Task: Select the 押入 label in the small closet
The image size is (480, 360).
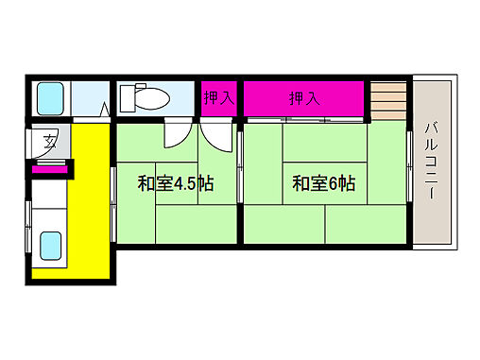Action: pos(219,98)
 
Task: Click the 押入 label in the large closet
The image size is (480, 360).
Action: pos(303,98)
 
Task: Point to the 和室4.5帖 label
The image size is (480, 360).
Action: pos(175,183)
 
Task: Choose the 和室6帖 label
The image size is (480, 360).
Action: pos(323,183)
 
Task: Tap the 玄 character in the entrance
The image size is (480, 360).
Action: pos(46,143)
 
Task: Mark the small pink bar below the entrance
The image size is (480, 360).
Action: pos(49,168)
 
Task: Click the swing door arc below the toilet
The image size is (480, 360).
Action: pos(176,135)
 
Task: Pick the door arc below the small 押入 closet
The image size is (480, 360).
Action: pos(217,138)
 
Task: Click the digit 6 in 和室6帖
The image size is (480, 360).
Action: pos(336,184)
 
